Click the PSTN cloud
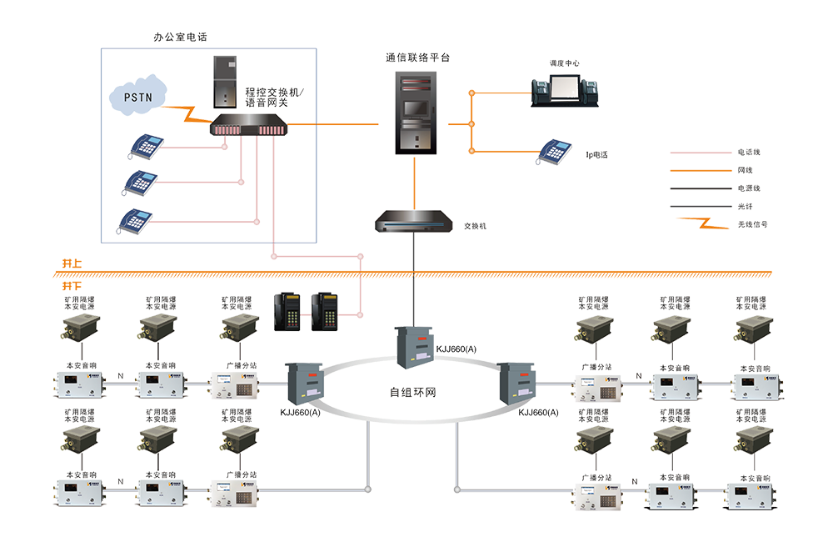tap(138, 97)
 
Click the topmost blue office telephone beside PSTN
tap(146, 146)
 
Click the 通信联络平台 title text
tap(417, 58)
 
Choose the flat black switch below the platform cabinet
tap(415, 223)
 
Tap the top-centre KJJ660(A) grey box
tap(414, 345)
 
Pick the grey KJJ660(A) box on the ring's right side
tap(519, 384)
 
